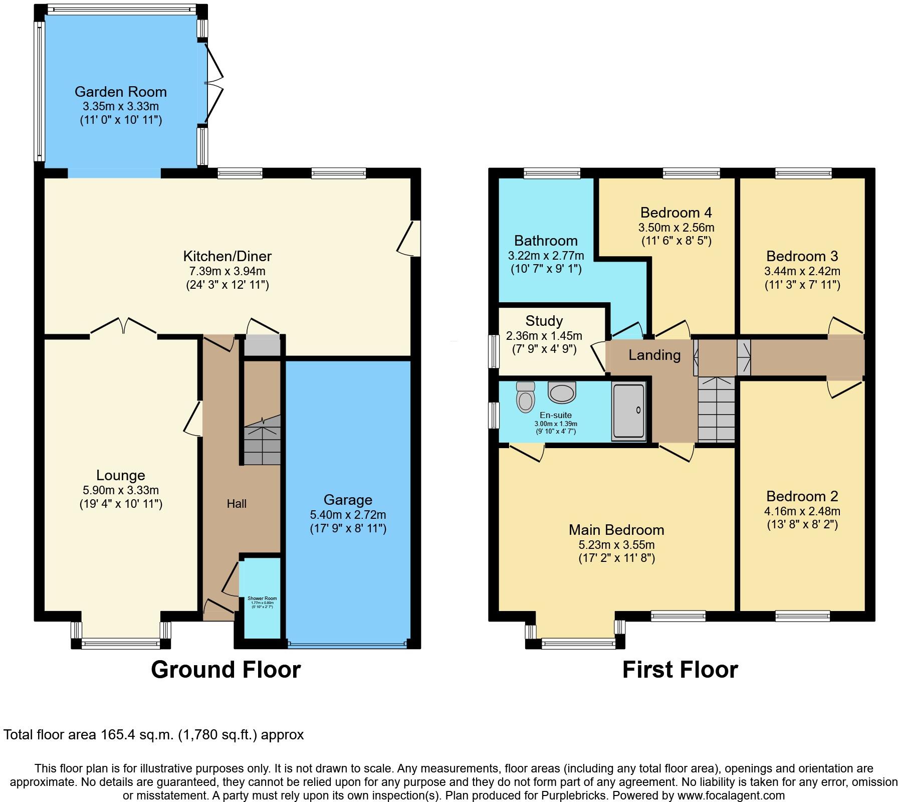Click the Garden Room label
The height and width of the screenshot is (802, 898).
(x=120, y=92)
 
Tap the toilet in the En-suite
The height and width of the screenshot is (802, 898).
(x=525, y=396)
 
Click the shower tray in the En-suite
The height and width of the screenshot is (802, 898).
(x=628, y=412)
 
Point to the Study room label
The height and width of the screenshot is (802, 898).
(x=544, y=321)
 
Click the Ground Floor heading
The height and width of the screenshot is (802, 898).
(x=226, y=670)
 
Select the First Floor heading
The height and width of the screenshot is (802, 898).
(x=680, y=670)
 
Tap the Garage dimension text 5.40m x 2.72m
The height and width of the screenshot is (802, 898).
(x=348, y=514)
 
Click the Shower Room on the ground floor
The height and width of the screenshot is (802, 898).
(x=262, y=599)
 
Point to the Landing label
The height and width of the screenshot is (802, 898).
(x=654, y=355)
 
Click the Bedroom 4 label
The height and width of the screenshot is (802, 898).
(x=676, y=213)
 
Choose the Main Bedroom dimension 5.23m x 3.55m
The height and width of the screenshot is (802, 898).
(x=616, y=544)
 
